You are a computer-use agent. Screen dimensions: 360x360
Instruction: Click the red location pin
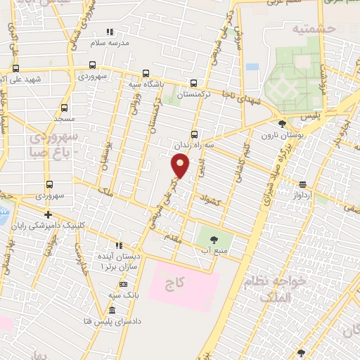(181, 165)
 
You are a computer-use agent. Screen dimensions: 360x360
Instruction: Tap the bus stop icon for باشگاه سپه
(146, 73)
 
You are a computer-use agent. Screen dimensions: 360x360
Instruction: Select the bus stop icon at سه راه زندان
(194, 135)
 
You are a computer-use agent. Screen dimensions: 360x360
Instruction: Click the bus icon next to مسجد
(64, 108)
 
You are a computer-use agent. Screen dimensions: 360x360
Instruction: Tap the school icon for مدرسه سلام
(109, 32)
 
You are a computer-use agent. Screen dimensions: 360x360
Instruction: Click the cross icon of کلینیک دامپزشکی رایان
(48, 214)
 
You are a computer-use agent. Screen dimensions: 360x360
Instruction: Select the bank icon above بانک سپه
(123, 285)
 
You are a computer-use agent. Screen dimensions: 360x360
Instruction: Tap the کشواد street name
(210, 198)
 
